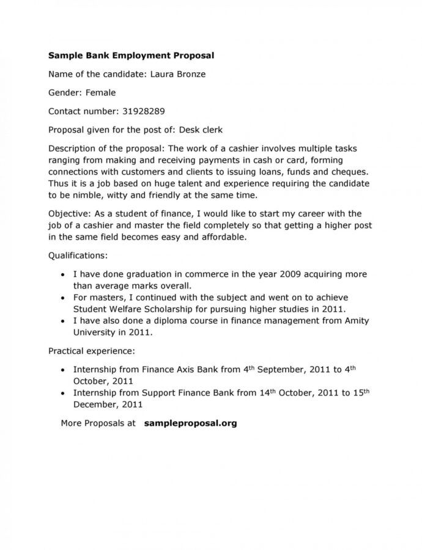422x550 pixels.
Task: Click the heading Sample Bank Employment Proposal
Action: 131,55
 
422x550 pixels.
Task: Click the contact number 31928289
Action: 143,112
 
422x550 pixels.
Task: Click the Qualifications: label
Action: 77,255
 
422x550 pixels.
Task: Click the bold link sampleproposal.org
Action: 190,423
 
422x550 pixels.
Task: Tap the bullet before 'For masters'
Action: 65,298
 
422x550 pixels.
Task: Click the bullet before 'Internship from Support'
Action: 65,393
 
